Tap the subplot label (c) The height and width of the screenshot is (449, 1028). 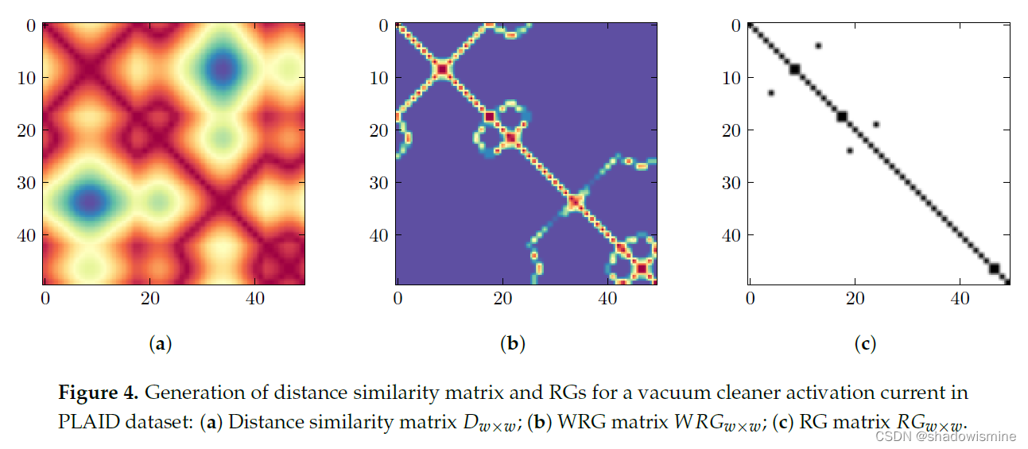point(865,343)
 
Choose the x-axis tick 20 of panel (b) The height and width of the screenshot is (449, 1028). point(502,299)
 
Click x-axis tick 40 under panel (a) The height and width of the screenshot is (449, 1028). point(254,299)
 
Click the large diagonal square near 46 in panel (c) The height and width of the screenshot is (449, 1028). point(993,269)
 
